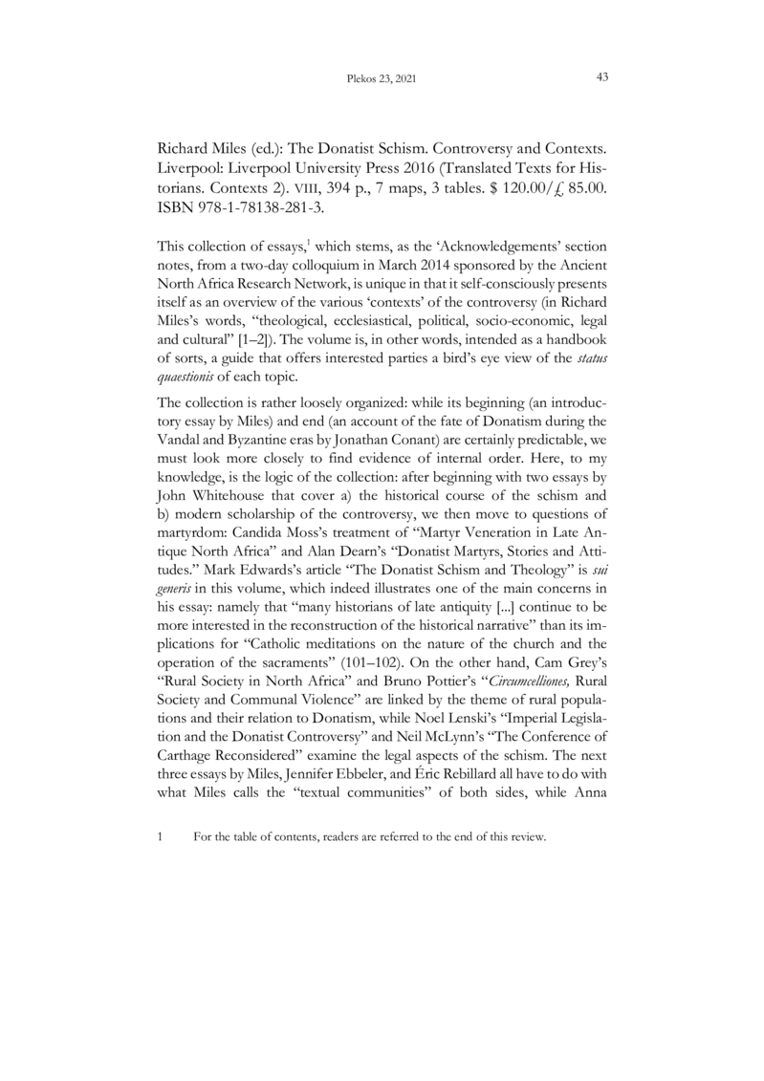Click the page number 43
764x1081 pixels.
pos(602,77)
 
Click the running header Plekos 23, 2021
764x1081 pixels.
pos(381,79)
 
